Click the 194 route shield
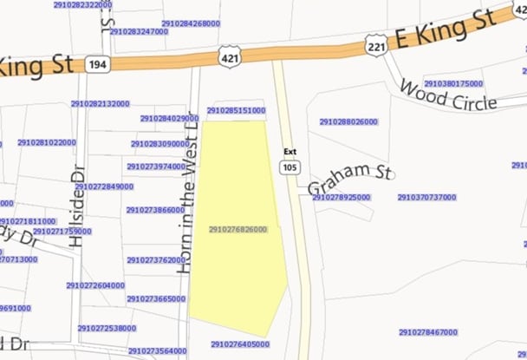point(96,63)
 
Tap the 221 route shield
point(375,44)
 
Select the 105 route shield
point(290,167)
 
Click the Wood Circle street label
point(447,96)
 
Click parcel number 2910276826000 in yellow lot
point(237,229)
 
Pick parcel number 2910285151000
point(236,111)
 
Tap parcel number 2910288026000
point(348,122)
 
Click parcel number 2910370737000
point(426,198)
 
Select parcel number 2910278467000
point(428,332)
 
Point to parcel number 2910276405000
point(239,344)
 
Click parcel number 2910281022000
point(46,142)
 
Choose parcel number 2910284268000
point(190,23)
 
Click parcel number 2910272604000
point(95,285)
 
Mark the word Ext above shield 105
point(290,152)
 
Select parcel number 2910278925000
point(341,198)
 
